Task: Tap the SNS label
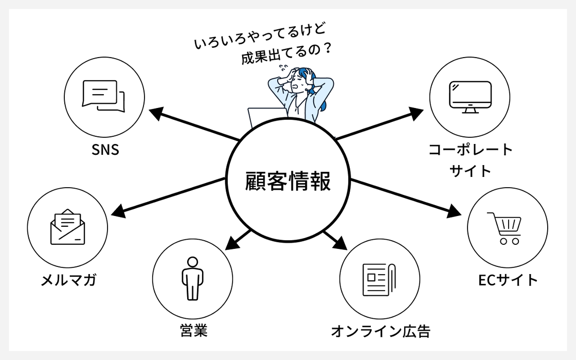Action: pos(105,150)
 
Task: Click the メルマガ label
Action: pos(68,281)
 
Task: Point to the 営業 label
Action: pos(193,330)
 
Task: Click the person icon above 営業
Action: pos(192,278)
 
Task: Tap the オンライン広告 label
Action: pos(381,331)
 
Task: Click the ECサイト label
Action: pos(507,280)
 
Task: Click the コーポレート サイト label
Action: pos(471,160)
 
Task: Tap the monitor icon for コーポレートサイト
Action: pos(470,96)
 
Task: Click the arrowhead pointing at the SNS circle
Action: pos(155,113)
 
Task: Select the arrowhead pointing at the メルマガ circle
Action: pos(118,210)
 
